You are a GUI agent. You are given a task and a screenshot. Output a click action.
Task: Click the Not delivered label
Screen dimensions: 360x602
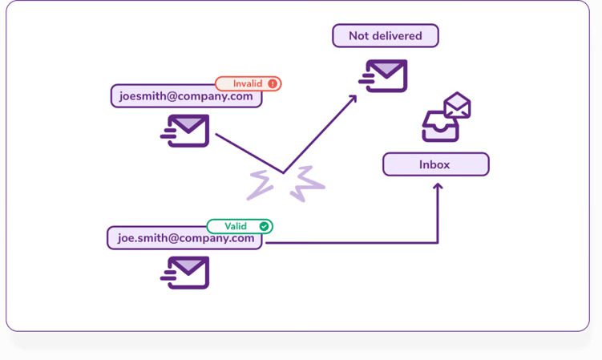(x=386, y=36)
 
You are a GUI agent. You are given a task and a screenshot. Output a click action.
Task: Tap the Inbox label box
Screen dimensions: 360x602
(x=435, y=164)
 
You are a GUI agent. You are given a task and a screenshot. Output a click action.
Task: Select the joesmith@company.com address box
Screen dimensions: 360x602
(x=186, y=97)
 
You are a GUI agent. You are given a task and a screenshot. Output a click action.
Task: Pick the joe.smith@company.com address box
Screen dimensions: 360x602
(x=185, y=238)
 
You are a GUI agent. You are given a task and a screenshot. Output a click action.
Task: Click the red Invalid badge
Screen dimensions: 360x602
(x=248, y=83)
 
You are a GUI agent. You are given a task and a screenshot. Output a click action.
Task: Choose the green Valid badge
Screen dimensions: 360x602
(x=240, y=226)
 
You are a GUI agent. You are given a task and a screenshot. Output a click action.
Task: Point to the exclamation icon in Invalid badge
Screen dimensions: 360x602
(x=273, y=83)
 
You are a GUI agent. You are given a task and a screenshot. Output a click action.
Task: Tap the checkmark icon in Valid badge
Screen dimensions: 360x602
(x=264, y=226)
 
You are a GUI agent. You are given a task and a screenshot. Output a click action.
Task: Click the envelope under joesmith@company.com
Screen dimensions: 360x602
(x=186, y=131)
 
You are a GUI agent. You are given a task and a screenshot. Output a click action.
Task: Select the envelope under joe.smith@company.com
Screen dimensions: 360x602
(x=186, y=272)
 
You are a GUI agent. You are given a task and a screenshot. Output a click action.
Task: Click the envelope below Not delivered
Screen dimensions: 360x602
(x=384, y=76)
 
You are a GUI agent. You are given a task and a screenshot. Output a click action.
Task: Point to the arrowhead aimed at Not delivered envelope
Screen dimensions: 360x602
(x=354, y=99)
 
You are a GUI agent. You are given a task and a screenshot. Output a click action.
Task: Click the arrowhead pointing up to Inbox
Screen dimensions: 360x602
(x=437, y=187)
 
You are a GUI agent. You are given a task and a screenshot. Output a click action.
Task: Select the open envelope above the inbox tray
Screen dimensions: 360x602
(x=458, y=105)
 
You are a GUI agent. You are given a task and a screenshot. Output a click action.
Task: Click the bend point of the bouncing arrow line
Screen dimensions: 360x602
(x=283, y=172)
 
